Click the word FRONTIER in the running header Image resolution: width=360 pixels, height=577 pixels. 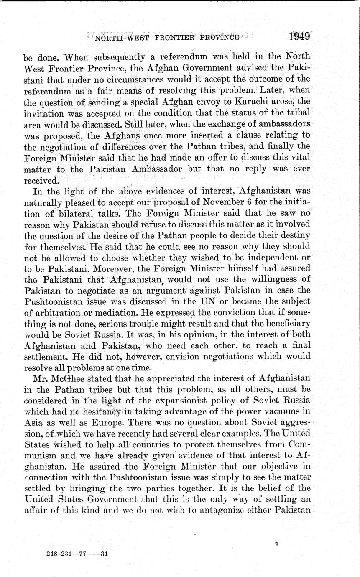coord(166,37)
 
